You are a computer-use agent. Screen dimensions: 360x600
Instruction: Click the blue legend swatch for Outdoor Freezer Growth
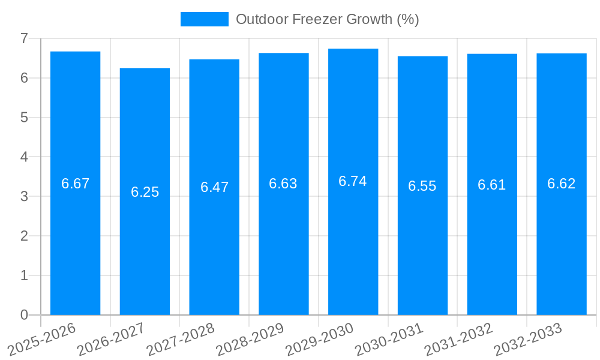(x=205, y=19)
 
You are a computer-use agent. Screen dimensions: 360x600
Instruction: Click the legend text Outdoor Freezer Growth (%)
(x=327, y=19)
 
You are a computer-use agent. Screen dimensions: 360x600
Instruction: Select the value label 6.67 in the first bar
(x=75, y=184)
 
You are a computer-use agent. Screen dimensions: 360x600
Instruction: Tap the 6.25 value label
(x=145, y=192)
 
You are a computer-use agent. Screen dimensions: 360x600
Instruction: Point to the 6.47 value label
(x=214, y=187)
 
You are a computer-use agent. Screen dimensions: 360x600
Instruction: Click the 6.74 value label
(x=353, y=181)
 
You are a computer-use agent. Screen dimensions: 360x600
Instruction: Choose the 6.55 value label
(x=422, y=186)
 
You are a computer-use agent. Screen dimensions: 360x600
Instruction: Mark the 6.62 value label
(x=562, y=184)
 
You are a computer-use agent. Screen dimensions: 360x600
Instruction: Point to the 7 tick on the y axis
(x=25, y=38)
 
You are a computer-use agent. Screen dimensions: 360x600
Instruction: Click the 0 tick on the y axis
(x=25, y=315)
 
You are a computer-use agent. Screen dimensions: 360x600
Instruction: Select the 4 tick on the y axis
(x=25, y=157)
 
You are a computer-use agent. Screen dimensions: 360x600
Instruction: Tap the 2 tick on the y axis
(x=25, y=236)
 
